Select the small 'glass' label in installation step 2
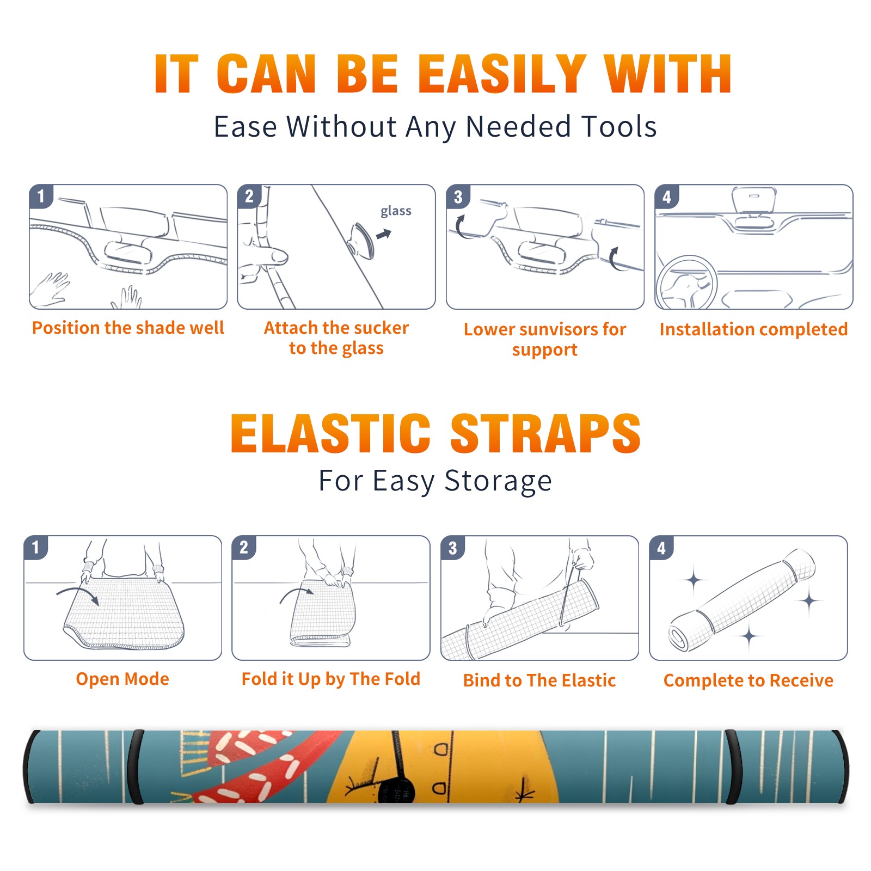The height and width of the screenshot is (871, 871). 396,211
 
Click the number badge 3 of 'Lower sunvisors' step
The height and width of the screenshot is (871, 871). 458,197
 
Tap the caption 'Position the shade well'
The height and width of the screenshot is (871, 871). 128,328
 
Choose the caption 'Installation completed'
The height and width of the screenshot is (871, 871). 753,329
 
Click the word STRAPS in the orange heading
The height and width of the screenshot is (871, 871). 545,433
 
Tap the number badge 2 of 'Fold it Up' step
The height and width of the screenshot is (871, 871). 243,547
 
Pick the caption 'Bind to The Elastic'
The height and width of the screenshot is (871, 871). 539,680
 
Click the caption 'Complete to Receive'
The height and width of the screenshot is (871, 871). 749,680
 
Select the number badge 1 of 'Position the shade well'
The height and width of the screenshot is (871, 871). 41,197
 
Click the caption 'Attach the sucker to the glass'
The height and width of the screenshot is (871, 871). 336,338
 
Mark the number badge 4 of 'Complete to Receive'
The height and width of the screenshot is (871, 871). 661,548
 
